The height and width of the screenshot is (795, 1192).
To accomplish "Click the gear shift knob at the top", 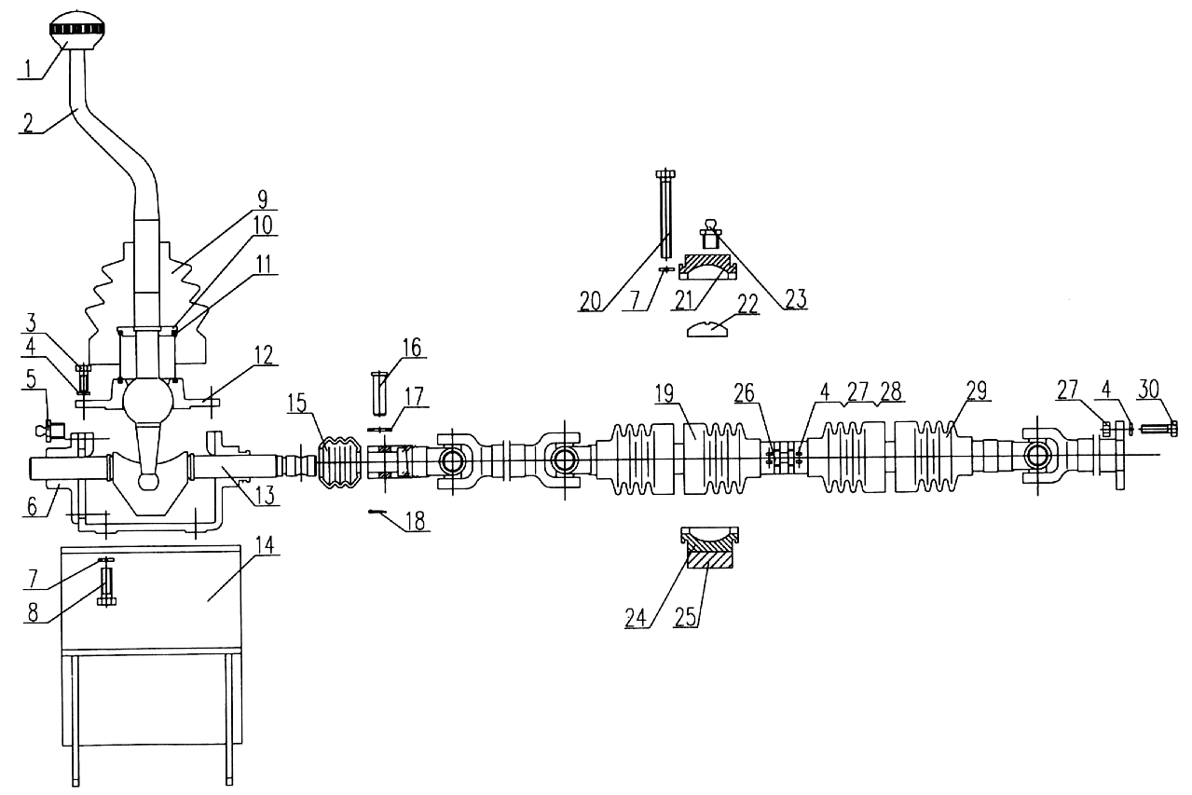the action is [76, 29].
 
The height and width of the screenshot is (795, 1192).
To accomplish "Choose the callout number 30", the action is [1148, 389].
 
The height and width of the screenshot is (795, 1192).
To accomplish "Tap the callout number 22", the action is [747, 304].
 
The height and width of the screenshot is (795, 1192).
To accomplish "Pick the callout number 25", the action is [685, 617].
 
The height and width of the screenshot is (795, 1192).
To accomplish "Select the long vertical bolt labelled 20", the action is [665, 212].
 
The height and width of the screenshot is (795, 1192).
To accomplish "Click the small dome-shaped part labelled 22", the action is [706, 329].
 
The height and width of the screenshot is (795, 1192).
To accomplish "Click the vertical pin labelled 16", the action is [379, 394].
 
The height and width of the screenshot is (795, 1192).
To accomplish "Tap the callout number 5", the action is [31, 379].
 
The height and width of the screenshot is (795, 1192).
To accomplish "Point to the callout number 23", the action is [795, 298].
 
